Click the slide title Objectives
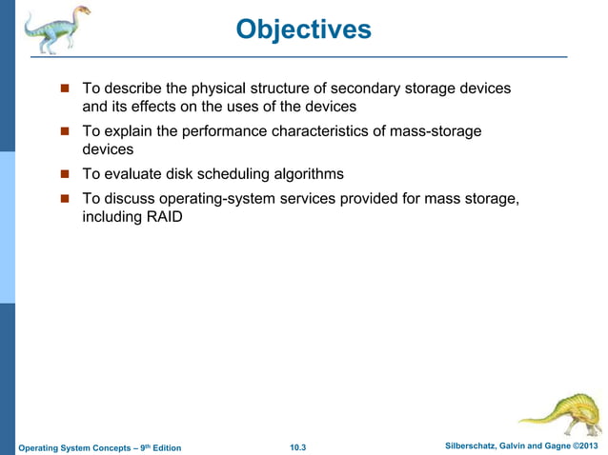point(303,30)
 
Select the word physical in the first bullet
point(218,89)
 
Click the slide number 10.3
point(302,446)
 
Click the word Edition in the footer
point(161,447)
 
